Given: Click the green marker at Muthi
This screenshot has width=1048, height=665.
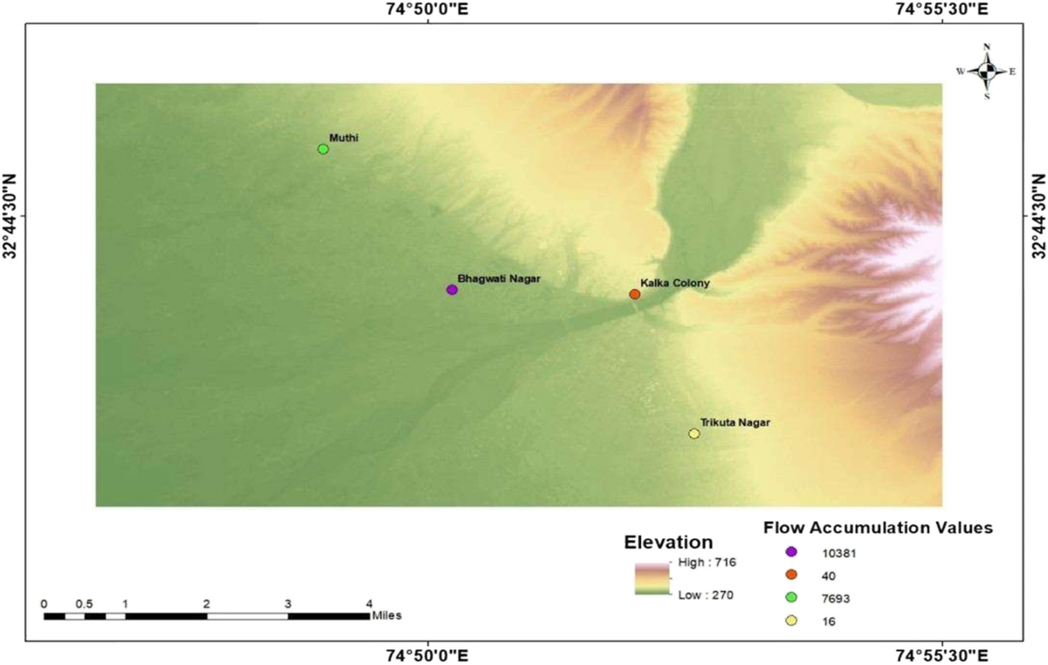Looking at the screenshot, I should pyautogui.click(x=323, y=149).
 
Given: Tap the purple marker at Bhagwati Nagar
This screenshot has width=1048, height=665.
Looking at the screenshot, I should pyautogui.click(x=452, y=290).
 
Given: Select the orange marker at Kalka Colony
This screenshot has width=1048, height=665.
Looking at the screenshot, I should pyautogui.click(x=635, y=294).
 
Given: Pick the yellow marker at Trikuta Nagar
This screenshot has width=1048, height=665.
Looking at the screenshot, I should pyautogui.click(x=694, y=434).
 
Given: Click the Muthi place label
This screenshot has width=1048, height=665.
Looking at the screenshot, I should pyautogui.click(x=344, y=138).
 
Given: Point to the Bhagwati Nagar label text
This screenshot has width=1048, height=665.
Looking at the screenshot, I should pyautogui.click(x=500, y=278).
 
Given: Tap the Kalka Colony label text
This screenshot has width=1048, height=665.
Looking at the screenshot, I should pyautogui.click(x=675, y=284).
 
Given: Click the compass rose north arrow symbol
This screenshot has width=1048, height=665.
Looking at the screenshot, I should pyautogui.click(x=986, y=72).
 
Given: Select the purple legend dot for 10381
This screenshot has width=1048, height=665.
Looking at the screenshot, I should pyautogui.click(x=791, y=552).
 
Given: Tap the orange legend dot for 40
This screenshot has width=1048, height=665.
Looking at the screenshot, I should pyautogui.click(x=791, y=574).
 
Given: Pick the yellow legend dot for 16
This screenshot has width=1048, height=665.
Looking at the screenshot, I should pyautogui.click(x=791, y=620).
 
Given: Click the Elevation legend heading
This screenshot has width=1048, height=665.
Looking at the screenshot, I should pyautogui.click(x=668, y=541).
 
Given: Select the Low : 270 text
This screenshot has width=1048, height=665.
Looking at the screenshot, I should pyautogui.click(x=707, y=595).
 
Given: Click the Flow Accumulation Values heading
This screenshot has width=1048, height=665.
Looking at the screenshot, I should pyautogui.click(x=878, y=528).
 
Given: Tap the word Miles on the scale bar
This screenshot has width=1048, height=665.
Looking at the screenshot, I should pyautogui.click(x=386, y=615).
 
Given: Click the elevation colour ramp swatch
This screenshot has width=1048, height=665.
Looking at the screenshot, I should pyautogui.click(x=651, y=579).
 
